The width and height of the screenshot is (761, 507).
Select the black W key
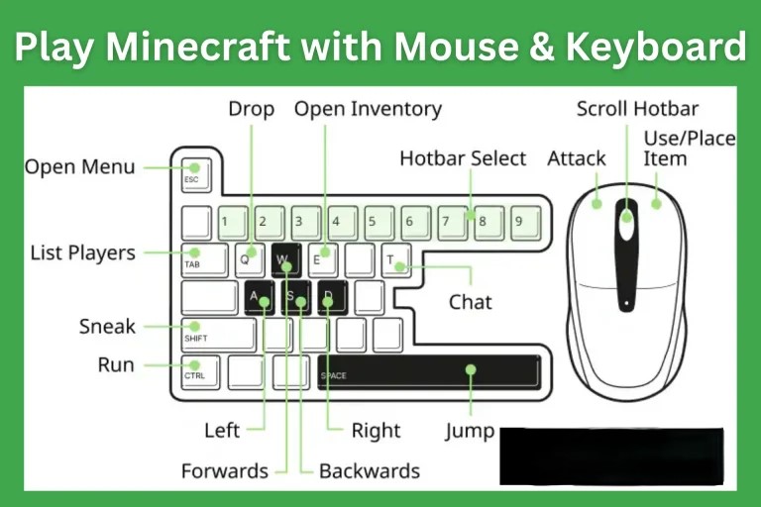click(285, 260)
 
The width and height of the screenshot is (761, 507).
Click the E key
click(322, 259)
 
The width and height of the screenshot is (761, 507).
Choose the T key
click(395, 259)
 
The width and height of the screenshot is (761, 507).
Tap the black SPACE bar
click(428, 371)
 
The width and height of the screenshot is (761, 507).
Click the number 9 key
click(521, 223)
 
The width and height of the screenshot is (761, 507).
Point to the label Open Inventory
click(368, 108)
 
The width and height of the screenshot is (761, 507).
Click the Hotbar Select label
click(463, 158)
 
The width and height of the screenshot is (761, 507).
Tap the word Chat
click(470, 301)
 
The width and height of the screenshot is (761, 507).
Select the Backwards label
click(369, 470)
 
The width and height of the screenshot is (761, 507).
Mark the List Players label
click(82, 253)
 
